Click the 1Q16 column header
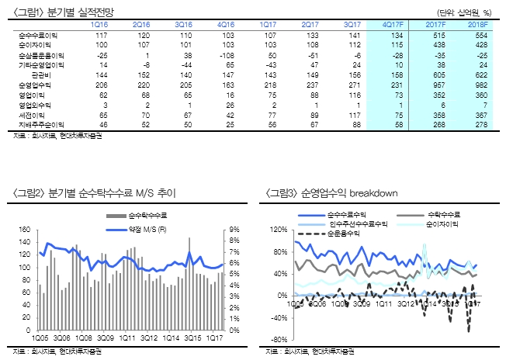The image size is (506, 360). coord(100,26)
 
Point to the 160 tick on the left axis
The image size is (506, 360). coord(24,230)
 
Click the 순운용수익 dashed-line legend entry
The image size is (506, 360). coord(344,233)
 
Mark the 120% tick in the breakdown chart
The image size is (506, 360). coord(277,230)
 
